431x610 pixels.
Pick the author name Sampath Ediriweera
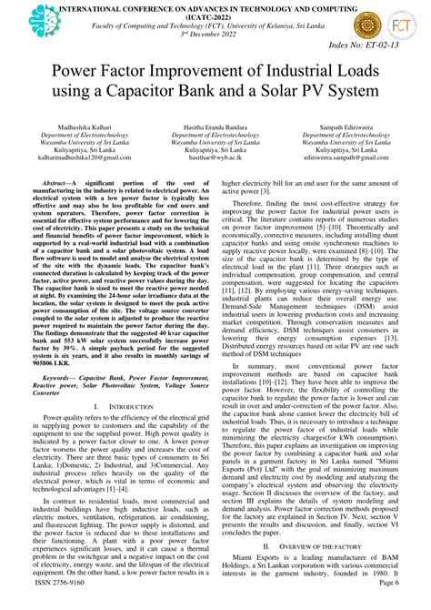pos(349,130)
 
